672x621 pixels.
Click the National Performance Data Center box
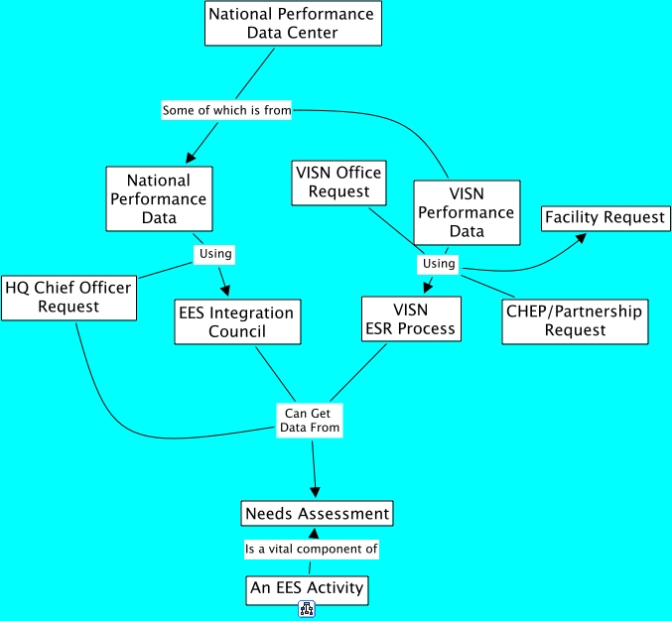click(x=291, y=23)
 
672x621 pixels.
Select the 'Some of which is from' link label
click(x=226, y=110)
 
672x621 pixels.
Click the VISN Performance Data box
click(x=467, y=212)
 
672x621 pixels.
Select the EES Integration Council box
click(x=237, y=321)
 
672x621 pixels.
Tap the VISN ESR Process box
click(x=411, y=318)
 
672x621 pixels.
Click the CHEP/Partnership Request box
click(x=574, y=320)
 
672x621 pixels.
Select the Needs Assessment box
click(x=317, y=513)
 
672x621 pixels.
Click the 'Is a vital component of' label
click(x=312, y=549)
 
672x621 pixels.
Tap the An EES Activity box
click(x=307, y=588)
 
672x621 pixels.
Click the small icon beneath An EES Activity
click(x=307, y=610)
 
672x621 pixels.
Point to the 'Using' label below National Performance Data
click(x=215, y=253)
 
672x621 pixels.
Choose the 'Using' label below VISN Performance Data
click(x=439, y=264)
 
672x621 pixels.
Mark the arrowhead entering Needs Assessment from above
click(x=317, y=491)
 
